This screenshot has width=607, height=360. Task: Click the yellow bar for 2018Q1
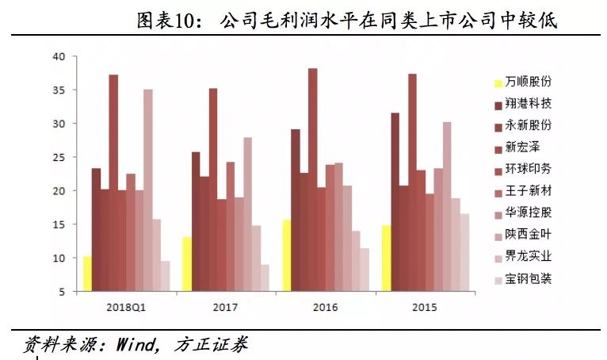click(x=87, y=274)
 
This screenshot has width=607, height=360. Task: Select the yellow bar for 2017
click(x=186, y=264)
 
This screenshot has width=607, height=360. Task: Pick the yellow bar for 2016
click(x=286, y=255)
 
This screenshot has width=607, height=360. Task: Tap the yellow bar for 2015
click(x=386, y=259)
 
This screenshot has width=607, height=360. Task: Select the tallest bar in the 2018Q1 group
click(x=113, y=183)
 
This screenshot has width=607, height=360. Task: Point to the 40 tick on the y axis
click(x=59, y=57)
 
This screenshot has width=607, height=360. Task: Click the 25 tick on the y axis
click(x=59, y=157)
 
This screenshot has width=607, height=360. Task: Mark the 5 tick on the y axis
click(x=62, y=292)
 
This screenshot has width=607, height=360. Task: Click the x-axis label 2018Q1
click(x=126, y=307)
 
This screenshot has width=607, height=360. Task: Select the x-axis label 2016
click(x=326, y=307)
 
